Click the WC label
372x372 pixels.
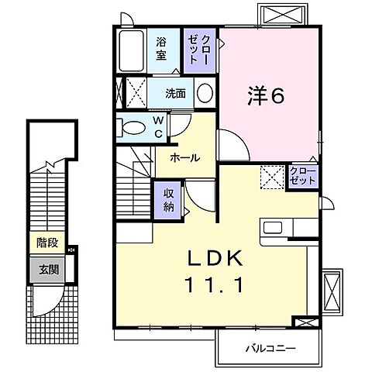157,127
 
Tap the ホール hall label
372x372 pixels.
185,157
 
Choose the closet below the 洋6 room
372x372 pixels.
302,175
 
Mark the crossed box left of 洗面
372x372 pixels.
134,94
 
